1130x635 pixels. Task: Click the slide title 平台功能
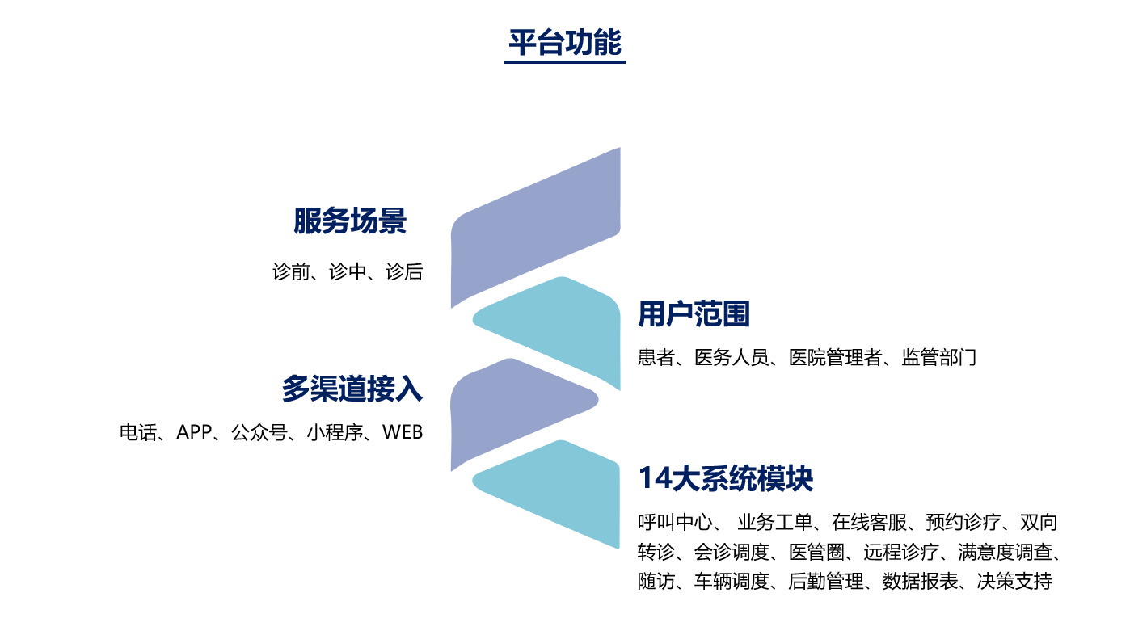tap(564, 42)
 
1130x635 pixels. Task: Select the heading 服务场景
tap(349, 221)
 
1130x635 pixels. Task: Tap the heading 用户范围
tap(694, 313)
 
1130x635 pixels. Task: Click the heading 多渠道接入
tap(352, 389)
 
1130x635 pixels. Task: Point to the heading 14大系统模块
tap(726, 478)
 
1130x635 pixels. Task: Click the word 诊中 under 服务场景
tap(348, 272)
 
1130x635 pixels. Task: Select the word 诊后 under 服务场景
tap(404, 272)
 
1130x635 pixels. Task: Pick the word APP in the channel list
tap(193, 432)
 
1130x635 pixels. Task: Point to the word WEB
tap(403, 432)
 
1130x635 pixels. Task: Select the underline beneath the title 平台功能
tap(564, 62)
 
